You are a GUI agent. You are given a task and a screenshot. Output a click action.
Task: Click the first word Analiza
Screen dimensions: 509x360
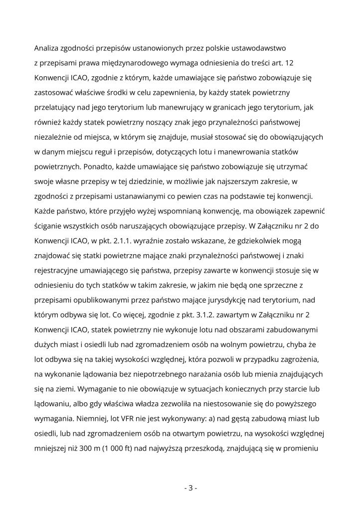47,48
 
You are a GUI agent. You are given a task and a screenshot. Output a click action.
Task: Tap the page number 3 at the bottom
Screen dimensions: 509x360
190,488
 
